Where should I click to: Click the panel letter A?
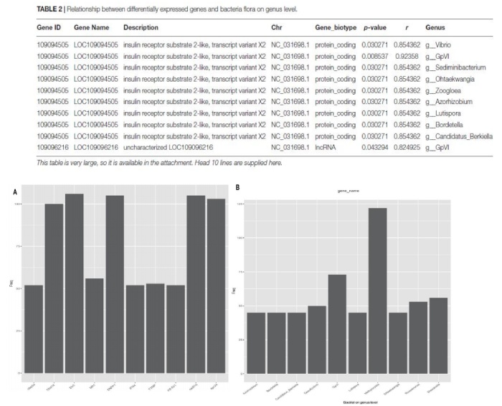coord(15,192)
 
